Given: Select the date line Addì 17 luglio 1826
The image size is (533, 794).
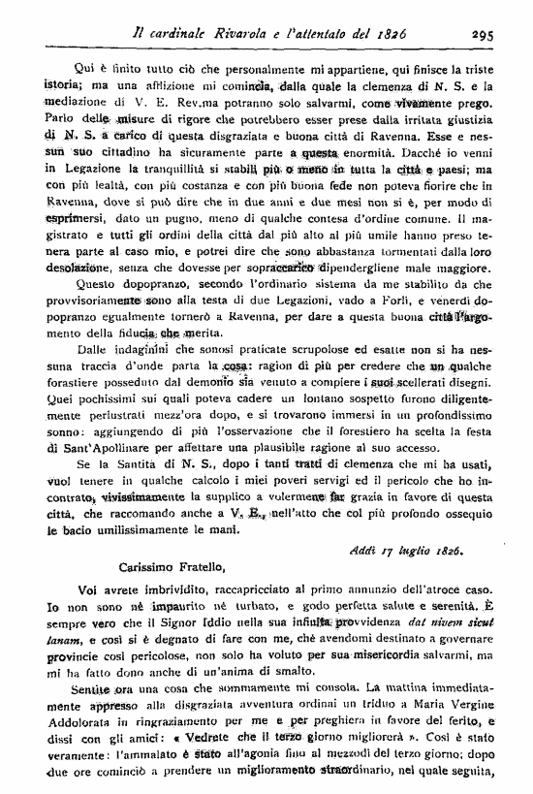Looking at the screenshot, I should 423,551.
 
